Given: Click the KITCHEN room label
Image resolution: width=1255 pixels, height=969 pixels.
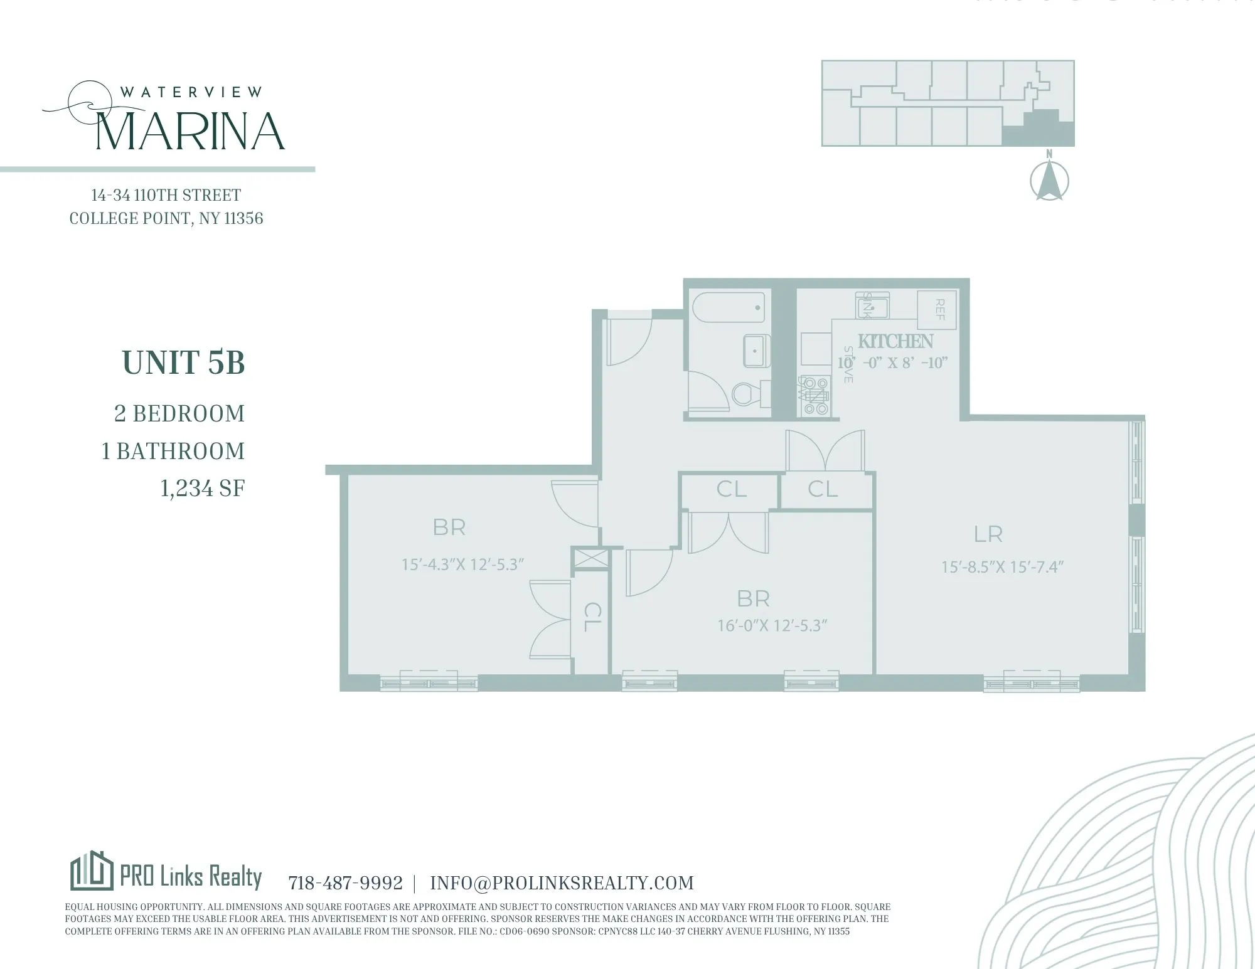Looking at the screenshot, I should coord(895,342).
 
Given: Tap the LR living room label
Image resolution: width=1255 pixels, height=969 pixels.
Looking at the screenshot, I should coord(988,534).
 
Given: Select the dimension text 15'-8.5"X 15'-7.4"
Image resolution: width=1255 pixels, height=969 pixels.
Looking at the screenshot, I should coord(1002,567).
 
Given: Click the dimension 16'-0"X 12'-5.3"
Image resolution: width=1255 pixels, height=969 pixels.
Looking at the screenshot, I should coord(772,626).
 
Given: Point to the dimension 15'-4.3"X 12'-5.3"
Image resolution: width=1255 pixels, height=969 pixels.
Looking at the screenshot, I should coord(462,564).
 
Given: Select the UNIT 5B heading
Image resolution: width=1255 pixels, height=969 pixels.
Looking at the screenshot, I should coord(183,363).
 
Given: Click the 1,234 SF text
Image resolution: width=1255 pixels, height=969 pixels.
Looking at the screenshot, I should coord(202,489).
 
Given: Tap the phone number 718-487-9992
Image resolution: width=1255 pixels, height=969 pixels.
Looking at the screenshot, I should coord(345,883).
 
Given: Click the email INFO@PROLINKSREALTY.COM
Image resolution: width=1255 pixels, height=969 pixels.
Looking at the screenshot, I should coord(562,883).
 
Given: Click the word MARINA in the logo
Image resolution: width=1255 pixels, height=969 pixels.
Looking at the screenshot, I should coord(191,131).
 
